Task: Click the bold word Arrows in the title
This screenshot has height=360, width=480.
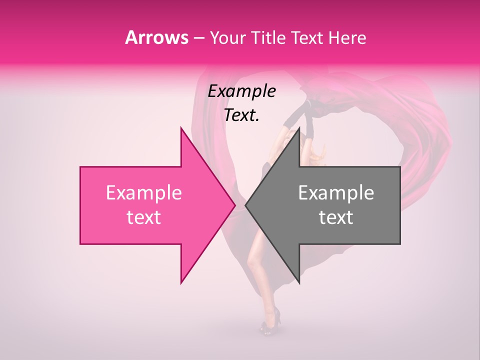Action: point(156,37)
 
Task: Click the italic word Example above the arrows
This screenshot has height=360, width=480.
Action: point(241,91)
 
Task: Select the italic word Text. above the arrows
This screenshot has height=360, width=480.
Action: point(241,115)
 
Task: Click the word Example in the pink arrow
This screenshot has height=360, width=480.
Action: point(143,193)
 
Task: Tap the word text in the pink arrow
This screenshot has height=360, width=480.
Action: point(143,217)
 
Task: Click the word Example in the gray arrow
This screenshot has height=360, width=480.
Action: point(336,193)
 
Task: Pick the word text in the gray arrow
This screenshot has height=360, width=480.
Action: point(336,217)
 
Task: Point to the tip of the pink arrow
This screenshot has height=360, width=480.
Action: point(234,205)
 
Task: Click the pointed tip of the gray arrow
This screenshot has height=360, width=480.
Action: point(246,205)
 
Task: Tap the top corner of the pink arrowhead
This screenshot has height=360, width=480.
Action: point(181,128)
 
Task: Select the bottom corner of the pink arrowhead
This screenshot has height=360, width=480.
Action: point(181,282)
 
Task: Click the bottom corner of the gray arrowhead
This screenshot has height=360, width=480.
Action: point(299,282)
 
